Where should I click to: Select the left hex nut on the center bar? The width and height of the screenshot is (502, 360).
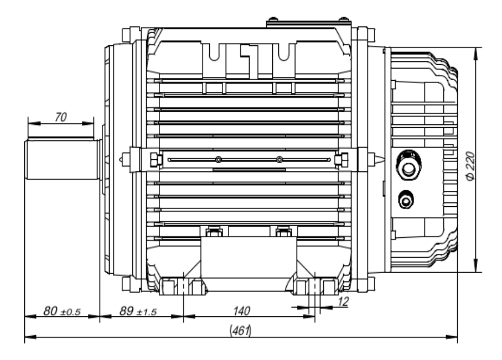pos(157,160)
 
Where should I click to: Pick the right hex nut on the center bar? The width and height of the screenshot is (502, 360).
pos(338,160)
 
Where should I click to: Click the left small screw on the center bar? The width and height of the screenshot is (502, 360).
pos(219,160)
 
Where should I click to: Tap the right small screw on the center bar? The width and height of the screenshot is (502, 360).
pos(279,160)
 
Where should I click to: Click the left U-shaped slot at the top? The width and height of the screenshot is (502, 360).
pos(215,53)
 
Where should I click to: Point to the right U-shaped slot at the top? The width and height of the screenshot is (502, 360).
pos(284,53)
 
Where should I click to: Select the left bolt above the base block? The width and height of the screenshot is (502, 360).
pos(212,231)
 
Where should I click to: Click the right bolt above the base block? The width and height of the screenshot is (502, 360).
pos(283,231)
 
